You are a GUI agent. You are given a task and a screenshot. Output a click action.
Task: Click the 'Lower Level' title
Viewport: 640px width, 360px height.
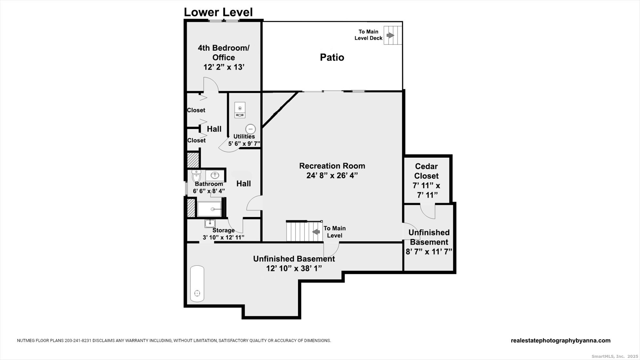point(218,12)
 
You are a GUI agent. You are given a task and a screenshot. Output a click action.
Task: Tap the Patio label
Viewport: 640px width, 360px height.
point(332,57)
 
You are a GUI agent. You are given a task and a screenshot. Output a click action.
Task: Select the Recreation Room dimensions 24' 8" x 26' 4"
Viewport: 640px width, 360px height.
point(332,175)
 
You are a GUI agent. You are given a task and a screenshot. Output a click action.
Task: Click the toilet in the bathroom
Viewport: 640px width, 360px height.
point(196,176)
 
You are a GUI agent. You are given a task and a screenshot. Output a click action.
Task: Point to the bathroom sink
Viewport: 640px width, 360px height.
point(215,175)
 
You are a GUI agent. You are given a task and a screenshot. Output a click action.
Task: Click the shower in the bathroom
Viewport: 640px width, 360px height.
point(209,209)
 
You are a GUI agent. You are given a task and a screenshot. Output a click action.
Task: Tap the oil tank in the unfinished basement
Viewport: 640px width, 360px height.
point(197,284)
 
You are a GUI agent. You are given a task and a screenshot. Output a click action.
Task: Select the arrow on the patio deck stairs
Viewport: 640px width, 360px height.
point(390,35)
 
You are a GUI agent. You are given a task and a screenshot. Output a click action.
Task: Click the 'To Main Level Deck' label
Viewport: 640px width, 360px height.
point(368,35)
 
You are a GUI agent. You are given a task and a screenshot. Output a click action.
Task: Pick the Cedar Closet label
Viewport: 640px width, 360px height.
point(426,171)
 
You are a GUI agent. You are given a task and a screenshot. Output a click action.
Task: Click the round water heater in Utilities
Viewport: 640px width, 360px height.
point(251,129)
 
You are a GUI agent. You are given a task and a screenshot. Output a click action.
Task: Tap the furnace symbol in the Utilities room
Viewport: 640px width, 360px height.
point(240,110)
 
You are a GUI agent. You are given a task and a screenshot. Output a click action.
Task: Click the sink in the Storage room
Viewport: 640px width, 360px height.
point(210,223)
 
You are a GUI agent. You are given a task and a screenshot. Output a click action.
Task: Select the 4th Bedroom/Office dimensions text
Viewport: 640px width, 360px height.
point(224,67)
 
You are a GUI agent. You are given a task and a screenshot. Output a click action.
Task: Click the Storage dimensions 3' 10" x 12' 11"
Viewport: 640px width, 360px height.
point(223,237)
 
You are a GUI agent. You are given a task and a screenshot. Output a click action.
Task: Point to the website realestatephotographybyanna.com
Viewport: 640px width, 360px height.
point(561,340)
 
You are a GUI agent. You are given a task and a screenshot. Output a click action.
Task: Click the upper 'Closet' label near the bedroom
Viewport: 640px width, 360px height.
point(196,110)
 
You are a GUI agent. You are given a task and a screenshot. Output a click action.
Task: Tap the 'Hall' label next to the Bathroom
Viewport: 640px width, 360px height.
point(244,183)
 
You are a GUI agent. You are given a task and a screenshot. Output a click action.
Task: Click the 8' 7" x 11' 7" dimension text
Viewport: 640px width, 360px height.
point(429,252)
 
